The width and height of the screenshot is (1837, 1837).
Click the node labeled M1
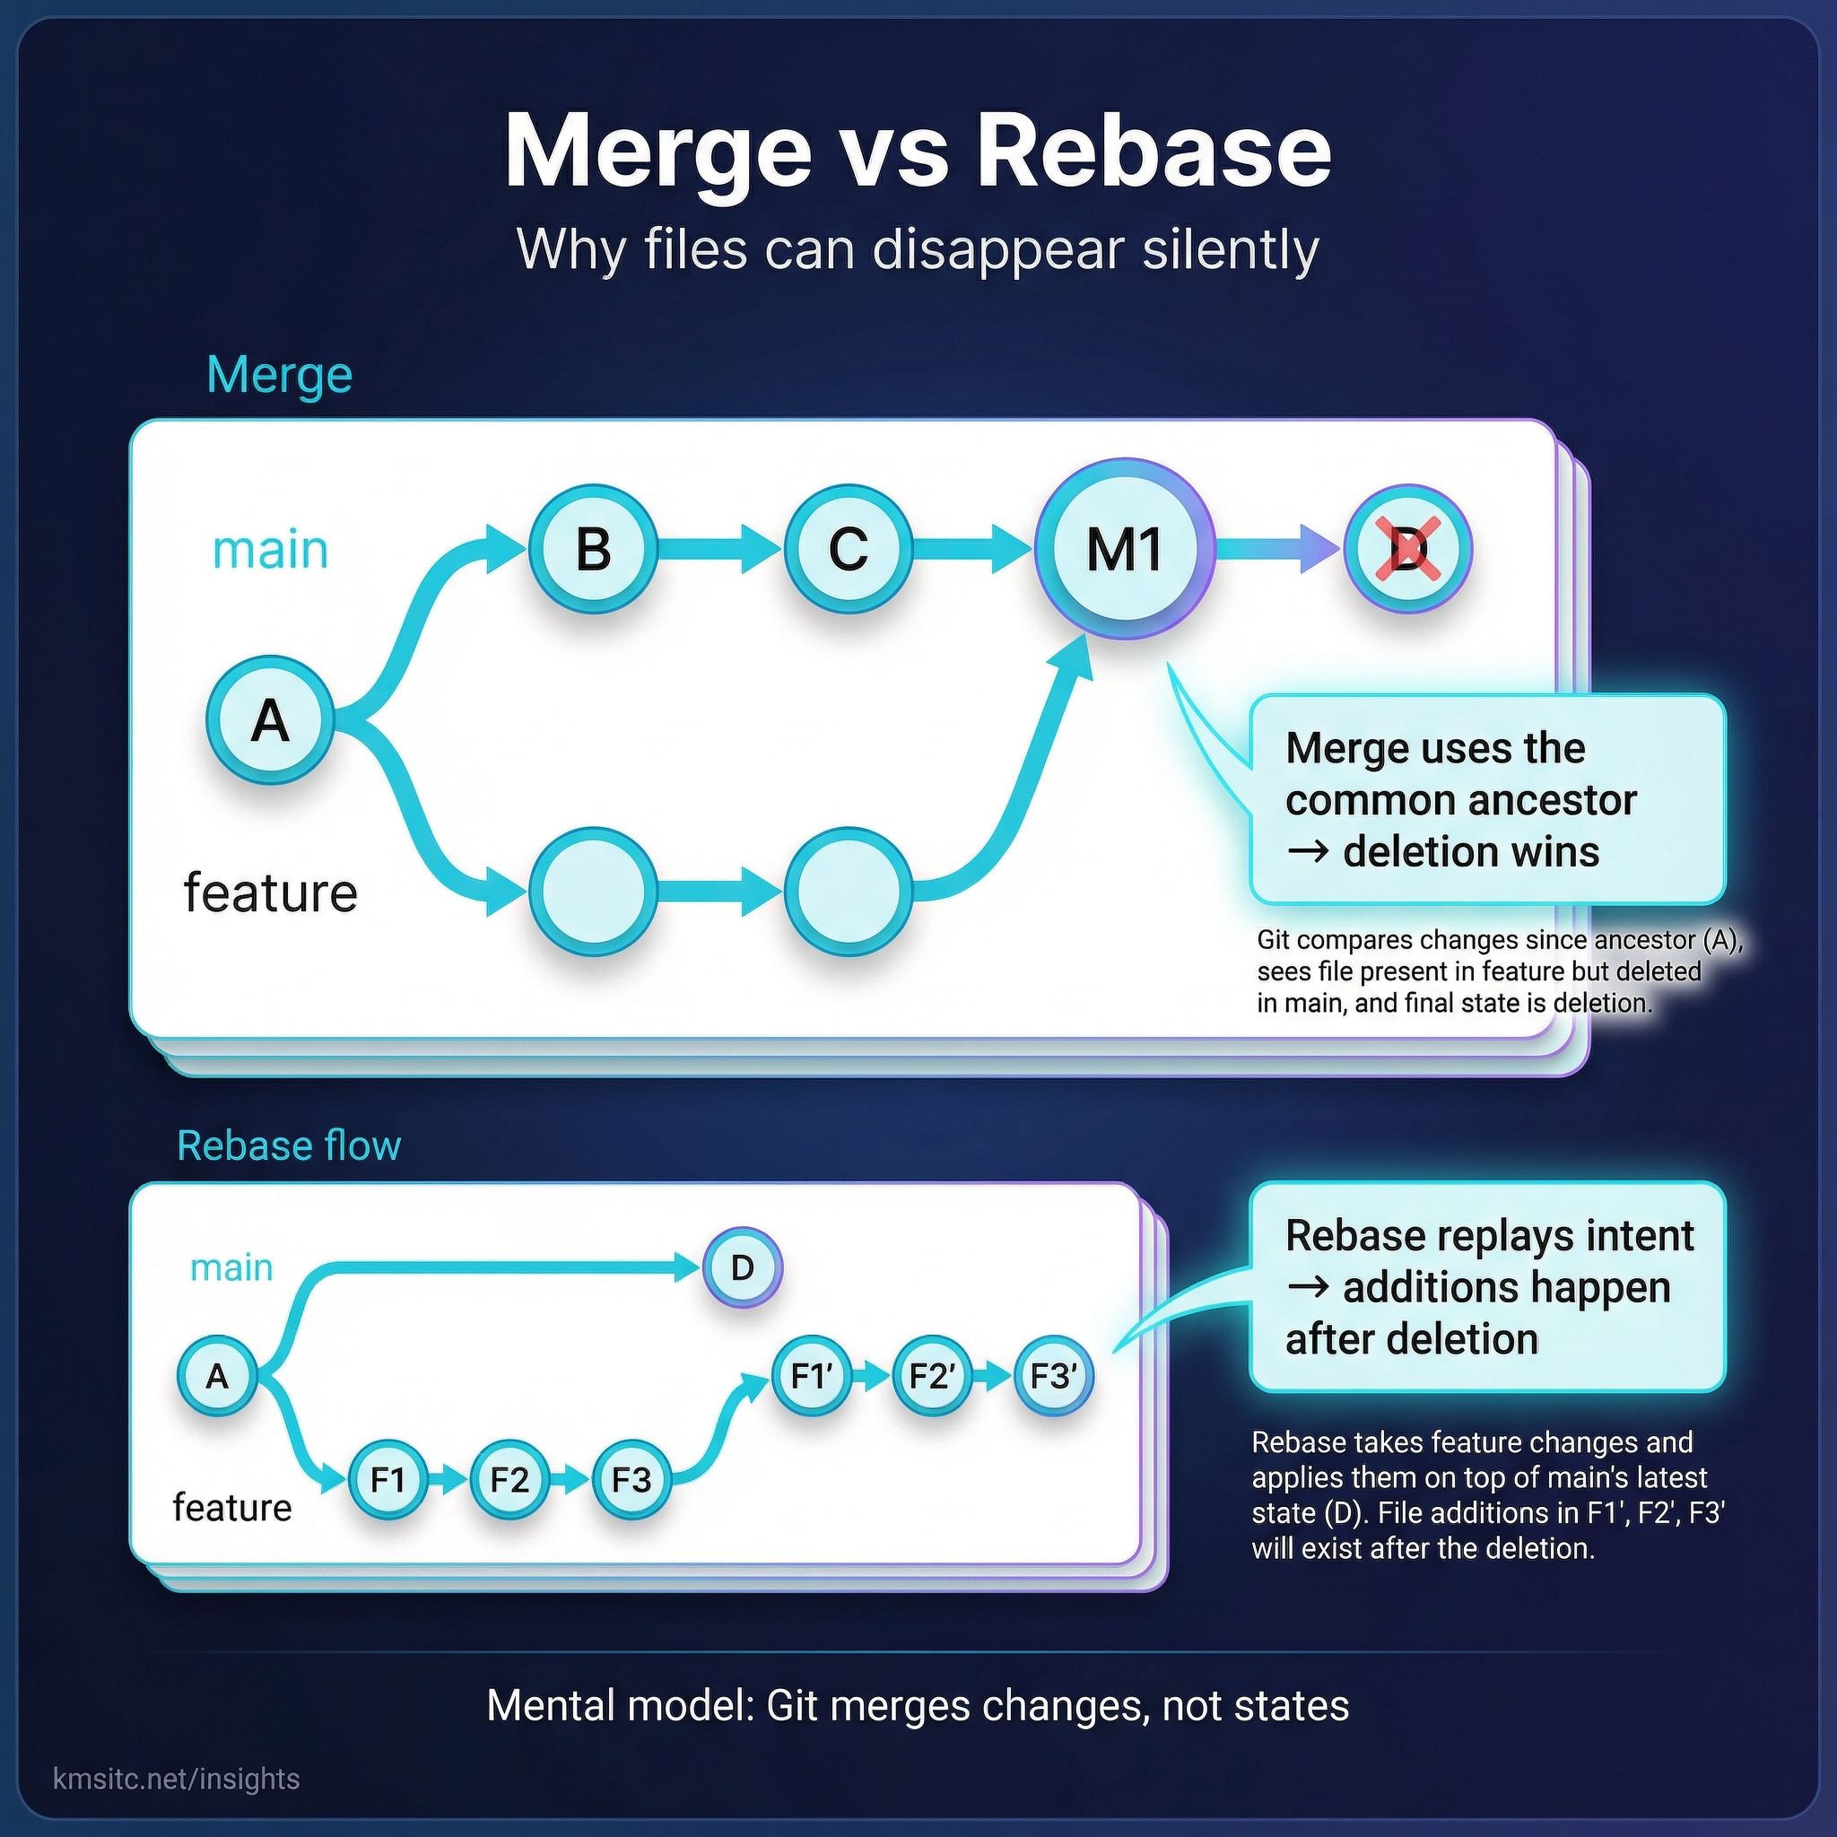1124,549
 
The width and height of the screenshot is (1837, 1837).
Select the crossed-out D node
1407,549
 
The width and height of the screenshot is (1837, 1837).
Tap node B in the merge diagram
593,549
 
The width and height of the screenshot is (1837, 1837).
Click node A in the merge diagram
270,719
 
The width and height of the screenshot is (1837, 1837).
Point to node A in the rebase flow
217,1376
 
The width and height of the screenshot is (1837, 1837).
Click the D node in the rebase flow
743,1267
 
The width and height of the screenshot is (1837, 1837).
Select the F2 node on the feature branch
509,1479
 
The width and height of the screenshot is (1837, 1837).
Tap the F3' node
1054,1376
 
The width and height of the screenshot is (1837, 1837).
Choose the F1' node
812,1376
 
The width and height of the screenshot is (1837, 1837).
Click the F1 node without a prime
387,1479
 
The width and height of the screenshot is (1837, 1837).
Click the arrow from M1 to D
1279,549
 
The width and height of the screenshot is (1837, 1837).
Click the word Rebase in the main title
1154,152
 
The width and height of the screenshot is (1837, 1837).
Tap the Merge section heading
280,375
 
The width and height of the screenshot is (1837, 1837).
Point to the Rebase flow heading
289,1145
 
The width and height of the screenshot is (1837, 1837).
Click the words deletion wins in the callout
1470,851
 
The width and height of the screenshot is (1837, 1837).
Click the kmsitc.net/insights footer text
177,1779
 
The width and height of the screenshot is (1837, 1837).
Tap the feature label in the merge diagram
270,892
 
